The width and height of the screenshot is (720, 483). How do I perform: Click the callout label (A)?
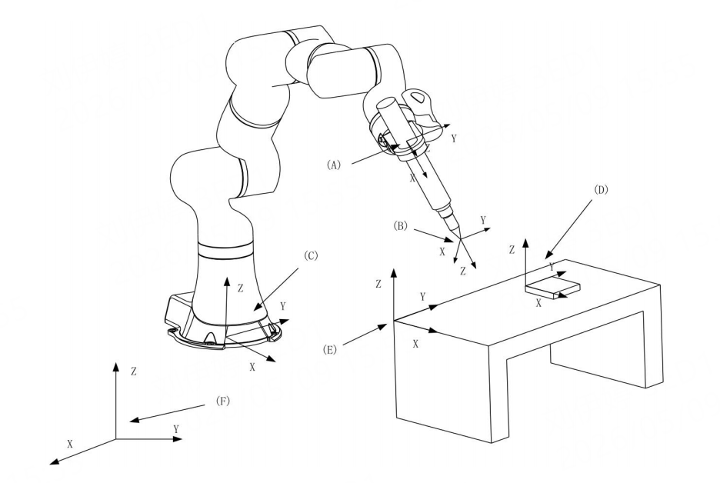tap(334, 165)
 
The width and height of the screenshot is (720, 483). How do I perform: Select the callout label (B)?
tap(401, 226)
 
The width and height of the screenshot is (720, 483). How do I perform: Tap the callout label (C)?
tap(311, 256)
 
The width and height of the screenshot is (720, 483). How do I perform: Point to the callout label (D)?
tap(601, 190)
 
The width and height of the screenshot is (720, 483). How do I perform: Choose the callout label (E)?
tap(329, 350)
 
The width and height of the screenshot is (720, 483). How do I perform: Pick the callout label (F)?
tap(222, 401)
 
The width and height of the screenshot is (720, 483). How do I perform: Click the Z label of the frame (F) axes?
tap(134, 371)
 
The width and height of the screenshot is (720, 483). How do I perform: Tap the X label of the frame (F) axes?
tap(70, 444)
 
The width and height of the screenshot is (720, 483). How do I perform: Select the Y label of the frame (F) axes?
tap(176, 429)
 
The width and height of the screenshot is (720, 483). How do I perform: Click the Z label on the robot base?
tap(240, 288)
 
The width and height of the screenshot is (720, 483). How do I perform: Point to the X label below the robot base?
tap(252, 367)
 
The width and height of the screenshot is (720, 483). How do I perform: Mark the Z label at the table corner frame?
tap(378, 285)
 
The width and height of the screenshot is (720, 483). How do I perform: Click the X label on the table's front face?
tap(415, 344)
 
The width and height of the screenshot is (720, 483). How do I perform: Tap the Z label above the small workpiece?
tap(512, 250)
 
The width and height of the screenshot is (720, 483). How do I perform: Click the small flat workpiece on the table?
tap(552, 288)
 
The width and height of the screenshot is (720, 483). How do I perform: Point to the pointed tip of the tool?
tap(459, 238)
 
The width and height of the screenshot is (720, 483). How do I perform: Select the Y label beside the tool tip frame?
tap(483, 221)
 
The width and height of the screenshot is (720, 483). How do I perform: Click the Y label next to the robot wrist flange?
tap(454, 138)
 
